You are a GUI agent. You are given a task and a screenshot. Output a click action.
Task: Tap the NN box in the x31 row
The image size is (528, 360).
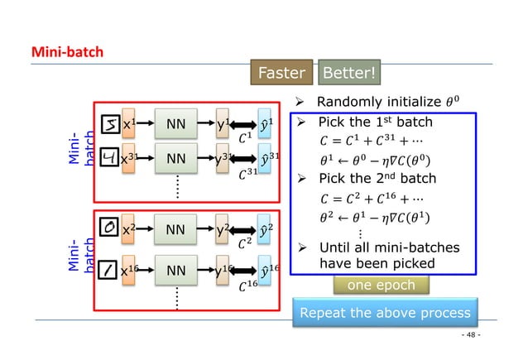pos(175,158)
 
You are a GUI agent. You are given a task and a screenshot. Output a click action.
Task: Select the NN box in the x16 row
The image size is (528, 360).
pos(175,269)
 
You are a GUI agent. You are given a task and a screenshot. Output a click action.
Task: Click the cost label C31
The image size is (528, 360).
pos(247,175)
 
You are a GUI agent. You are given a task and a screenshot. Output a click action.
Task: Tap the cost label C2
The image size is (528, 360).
pos(245,245)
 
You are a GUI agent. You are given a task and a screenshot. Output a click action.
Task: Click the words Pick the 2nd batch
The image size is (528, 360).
pos(377,179)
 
